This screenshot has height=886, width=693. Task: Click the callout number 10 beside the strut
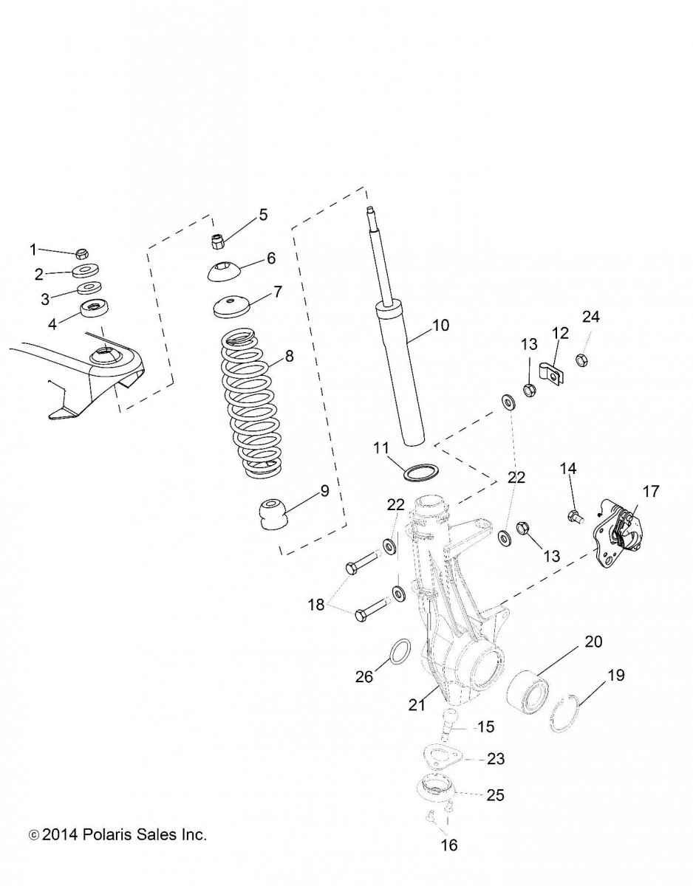pyautogui.click(x=440, y=325)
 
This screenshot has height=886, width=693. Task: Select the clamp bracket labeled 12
pyautogui.click(x=551, y=371)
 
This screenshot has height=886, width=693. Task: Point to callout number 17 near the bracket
pyautogui.click(x=651, y=491)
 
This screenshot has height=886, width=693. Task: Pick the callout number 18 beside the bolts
pyautogui.click(x=316, y=605)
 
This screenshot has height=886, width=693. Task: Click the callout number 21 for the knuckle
pyautogui.click(x=417, y=704)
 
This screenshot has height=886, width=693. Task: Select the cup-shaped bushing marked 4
pyautogui.click(x=95, y=311)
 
